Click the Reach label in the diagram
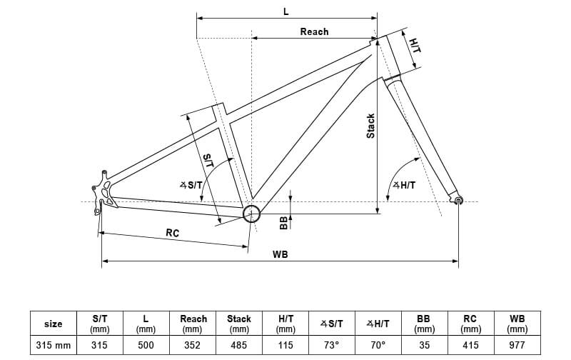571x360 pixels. [x=314, y=31]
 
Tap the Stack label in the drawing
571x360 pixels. [x=370, y=126]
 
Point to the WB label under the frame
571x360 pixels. [x=280, y=254]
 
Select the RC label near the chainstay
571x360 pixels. [x=172, y=233]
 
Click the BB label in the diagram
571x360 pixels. [x=283, y=223]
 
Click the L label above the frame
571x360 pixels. [x=285, y=11]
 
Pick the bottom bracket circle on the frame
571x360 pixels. [x=251, y=214]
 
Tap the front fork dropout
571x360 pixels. [x=458, y=201]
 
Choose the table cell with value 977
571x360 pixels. [x=517, y=345]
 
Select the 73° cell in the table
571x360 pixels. [x=331, y=345]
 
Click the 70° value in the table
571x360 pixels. [x=378, y=345]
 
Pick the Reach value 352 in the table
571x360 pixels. [x=193, y=345]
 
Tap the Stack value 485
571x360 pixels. [x=239, y=345]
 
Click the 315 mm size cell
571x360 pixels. [x=54, y=345]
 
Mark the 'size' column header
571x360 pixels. [x=54, y=324]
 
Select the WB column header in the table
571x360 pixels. [x=517, y=324]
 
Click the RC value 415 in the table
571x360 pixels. [x=470, y=345]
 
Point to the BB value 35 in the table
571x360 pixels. [x=424, y=345]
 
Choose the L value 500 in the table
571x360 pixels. [x=146, y=345]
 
